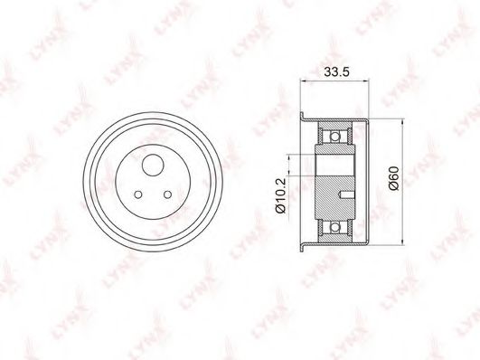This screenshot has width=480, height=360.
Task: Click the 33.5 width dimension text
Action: [336, 72]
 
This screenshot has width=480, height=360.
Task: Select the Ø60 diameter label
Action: [395, 178]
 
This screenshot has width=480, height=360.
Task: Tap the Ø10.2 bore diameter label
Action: [281, 195]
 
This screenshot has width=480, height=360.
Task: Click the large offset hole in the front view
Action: [153, 165]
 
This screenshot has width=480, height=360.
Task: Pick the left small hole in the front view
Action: [138, 194]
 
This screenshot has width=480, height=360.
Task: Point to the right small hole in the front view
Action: [167, 194]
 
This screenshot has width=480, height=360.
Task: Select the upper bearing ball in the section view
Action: [335, 136]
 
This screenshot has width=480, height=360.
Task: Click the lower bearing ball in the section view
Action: [335, 227]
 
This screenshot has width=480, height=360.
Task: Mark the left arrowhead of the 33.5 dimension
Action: [304, 81]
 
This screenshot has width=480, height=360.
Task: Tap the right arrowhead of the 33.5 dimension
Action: [365, 81]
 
